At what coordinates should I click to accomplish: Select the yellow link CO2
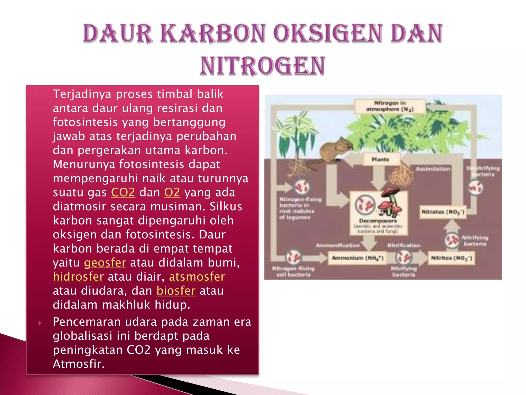(x=123, y=192)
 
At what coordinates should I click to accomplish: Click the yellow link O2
(x=172, y=192)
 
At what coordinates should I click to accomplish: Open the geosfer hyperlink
(x=105, y=263)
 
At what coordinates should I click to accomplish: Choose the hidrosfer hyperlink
(x=78, y=277)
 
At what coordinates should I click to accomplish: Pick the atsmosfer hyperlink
(x=197, y=277)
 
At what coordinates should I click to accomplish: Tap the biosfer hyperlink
(x=176, y=291)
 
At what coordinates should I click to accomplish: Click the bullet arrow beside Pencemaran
(x=40, y=323)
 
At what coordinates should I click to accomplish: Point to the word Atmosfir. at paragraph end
(x=79, y=364)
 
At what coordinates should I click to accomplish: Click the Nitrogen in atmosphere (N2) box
(x=390, y=106)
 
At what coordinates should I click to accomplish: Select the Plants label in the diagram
(x=380, y=159)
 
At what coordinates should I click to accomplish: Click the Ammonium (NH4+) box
(x=357, y=258)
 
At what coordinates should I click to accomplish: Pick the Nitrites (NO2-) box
(x=451, y=258)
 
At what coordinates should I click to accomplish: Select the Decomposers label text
(x=378, y=221)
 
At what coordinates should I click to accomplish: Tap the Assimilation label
(x=433, y=169)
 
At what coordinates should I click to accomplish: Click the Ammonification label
(x=338, y=245)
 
